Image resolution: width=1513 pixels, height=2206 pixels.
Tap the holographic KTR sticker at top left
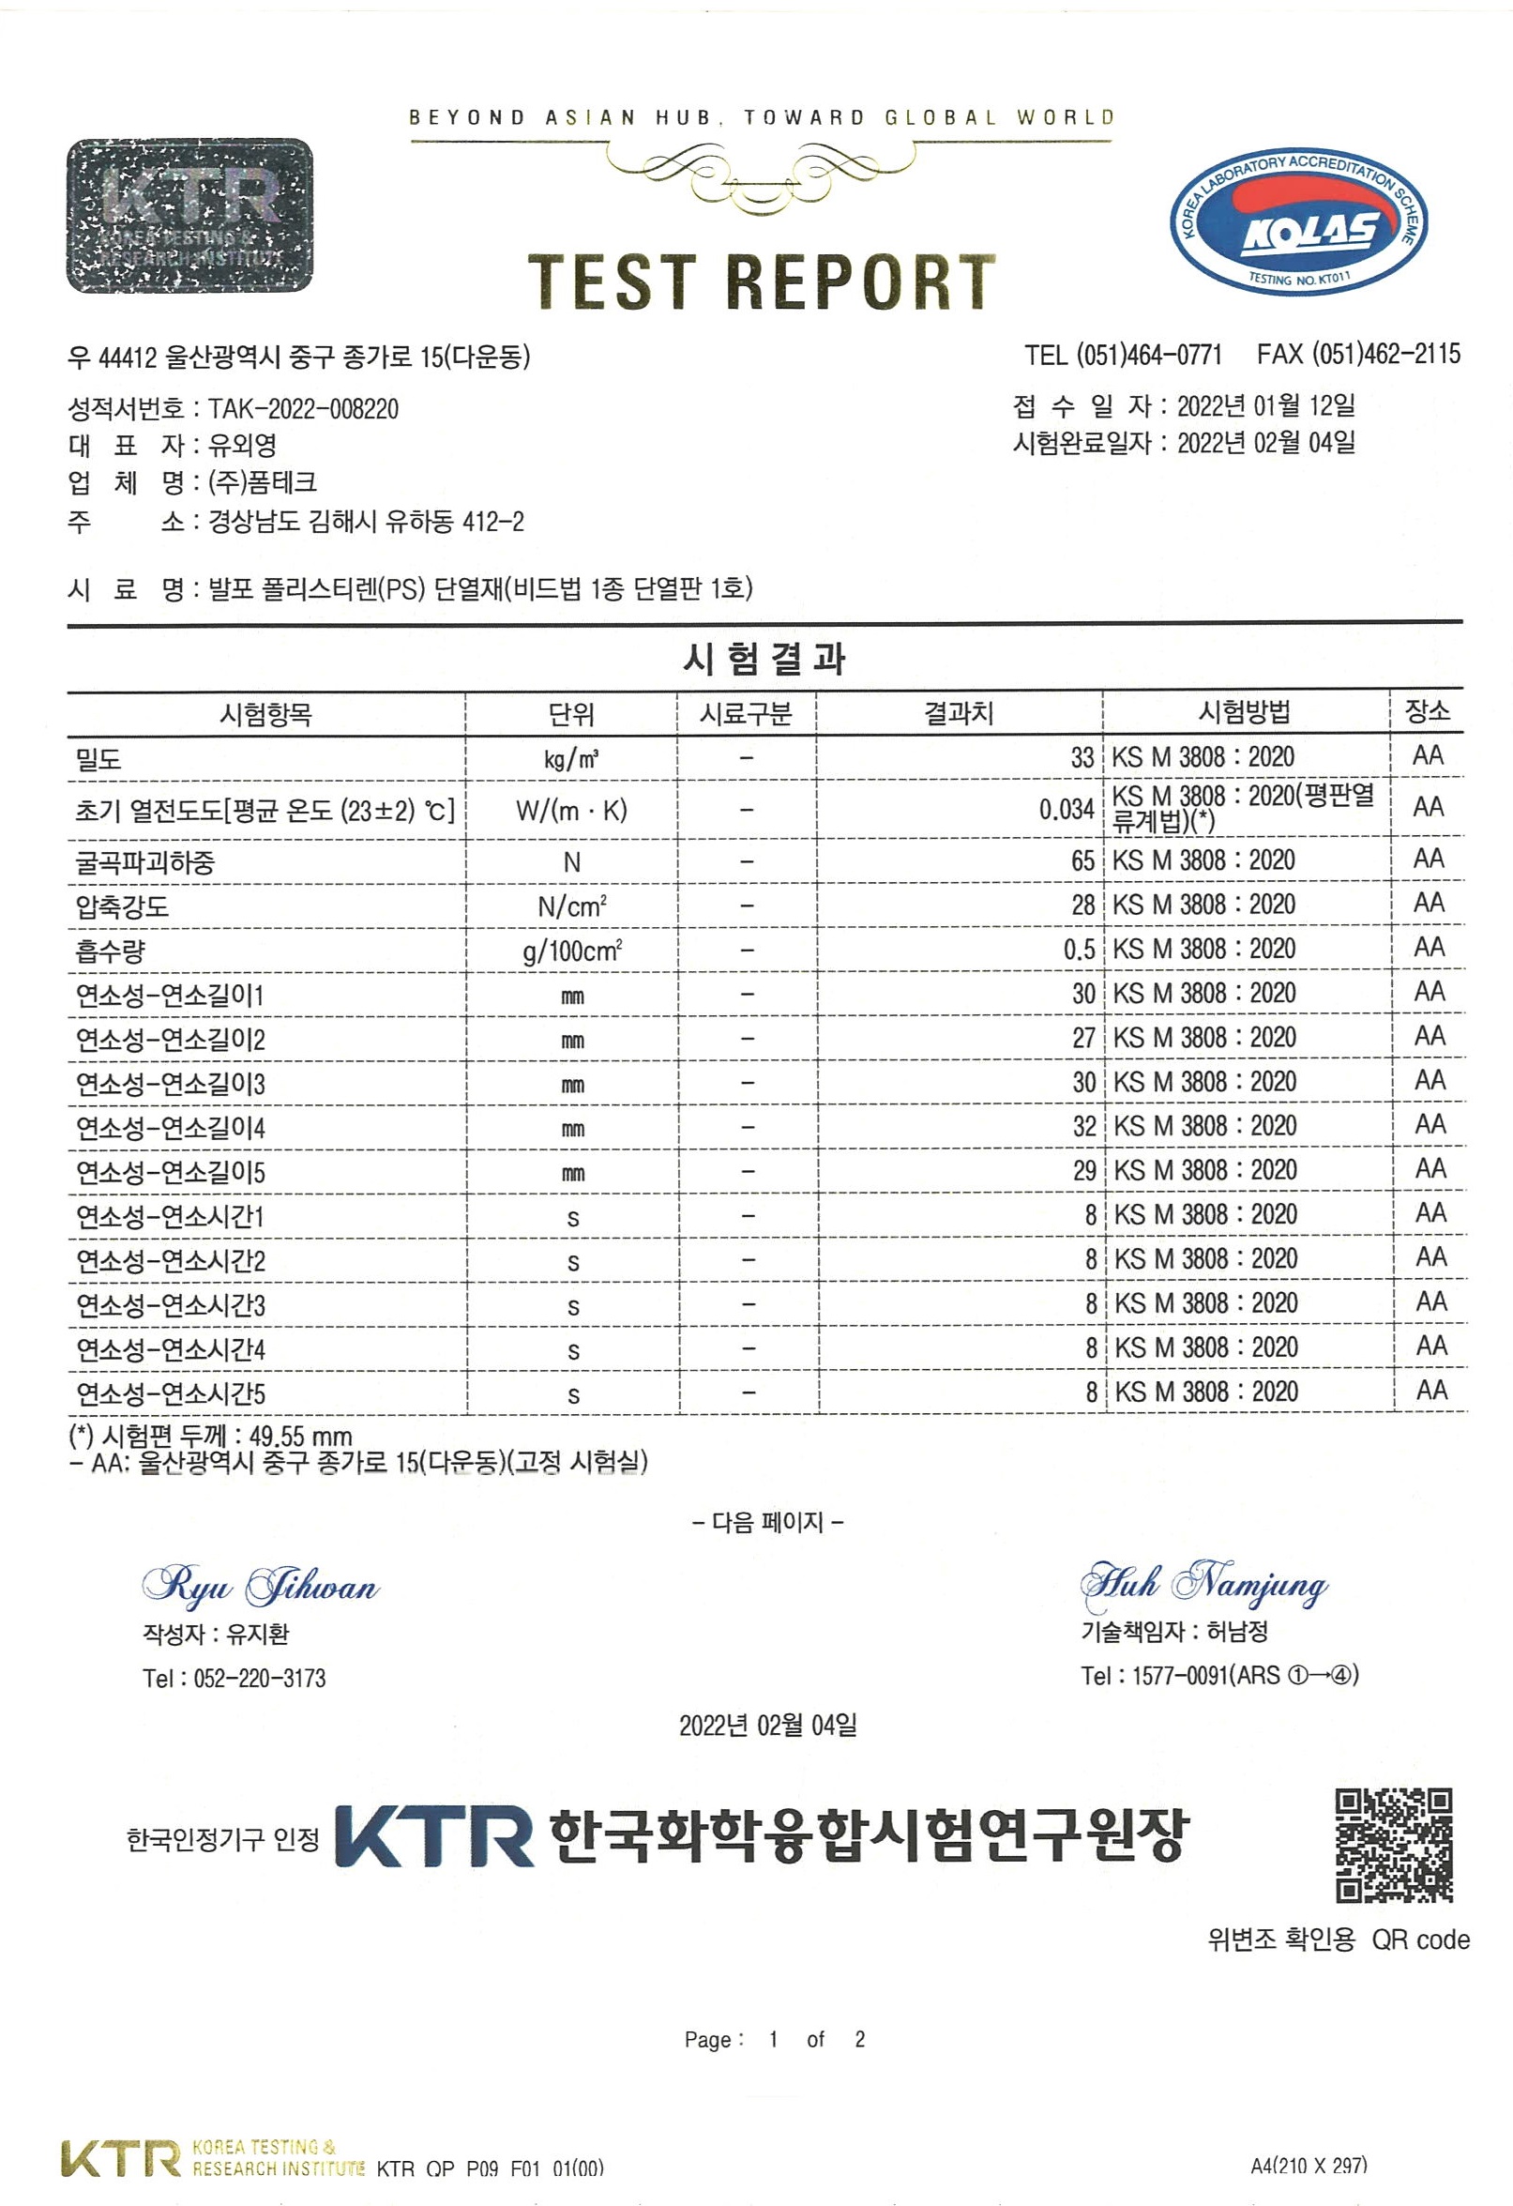[189, 216]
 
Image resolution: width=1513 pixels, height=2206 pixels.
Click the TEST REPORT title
[762, 281]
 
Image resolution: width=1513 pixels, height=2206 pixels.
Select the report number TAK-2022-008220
[303, 409]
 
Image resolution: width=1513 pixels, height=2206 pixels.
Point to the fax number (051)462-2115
[1385, 355]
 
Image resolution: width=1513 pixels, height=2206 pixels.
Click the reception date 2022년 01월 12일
[1265, 406]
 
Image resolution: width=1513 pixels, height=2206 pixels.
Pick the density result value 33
[1082, 757]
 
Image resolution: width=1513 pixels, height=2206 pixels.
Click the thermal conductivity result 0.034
[1066, 810]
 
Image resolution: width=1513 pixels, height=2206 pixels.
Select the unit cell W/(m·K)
[571, 810]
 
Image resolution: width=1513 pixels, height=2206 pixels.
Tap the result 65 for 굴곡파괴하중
[1082, 861]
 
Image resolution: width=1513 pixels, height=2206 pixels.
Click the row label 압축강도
[123, 905]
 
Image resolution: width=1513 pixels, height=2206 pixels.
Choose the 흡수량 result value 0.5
[1079, 950]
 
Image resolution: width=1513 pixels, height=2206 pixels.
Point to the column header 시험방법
[1244, 712]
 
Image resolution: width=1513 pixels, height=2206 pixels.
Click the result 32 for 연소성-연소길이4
[1084, 1127]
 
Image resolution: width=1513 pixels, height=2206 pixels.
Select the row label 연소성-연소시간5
[171, 1393]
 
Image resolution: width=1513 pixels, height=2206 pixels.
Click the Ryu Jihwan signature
[260, 1586]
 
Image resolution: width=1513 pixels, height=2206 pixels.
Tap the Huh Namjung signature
[1203, 1583]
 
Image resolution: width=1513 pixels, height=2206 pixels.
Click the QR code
[1393, 1846]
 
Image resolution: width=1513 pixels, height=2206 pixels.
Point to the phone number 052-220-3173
[259, 1679]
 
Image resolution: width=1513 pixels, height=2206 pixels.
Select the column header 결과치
[959, 713]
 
